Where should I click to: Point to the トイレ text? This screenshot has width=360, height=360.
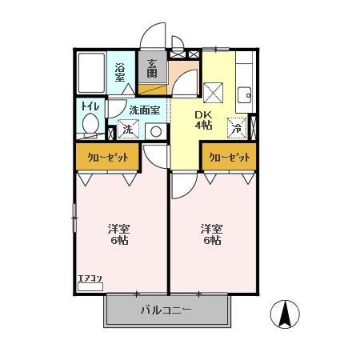pyautogui.click(x=88, y=105)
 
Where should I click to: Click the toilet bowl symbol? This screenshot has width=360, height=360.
pyautogui.click(x=91, y=125)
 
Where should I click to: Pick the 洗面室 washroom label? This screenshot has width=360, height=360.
pyautogui.click(x=144, y=111)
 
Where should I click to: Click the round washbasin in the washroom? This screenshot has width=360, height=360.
pyautogui.click(x=155, y=131)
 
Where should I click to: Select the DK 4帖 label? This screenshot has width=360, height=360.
pyautogui.click(x=205, y=119)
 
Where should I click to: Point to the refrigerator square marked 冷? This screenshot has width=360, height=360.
pyautogui.click(x=237, y=127)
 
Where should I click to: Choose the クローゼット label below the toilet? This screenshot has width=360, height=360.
pyautogui.click(x=107, y=158)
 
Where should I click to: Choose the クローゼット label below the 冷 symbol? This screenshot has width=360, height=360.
pyautogui.click(x=229, y=158)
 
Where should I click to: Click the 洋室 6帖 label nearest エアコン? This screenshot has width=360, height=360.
pyautogui.click(x=120, y=234)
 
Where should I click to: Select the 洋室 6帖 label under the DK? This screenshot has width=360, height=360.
pyautogui.click(x=212, y=234)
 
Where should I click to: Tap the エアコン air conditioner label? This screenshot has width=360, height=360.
pyautogui.click(x=90, y=279)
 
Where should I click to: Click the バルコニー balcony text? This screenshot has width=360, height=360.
pyautogui.click(x=166, y=310)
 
